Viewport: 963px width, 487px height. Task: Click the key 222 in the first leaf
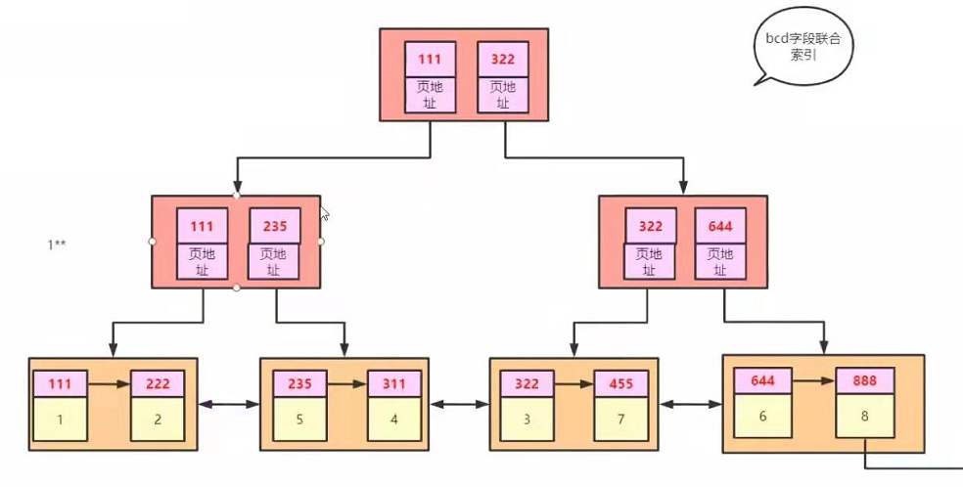[x=157, y=384]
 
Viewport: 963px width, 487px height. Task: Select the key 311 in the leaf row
[x=394, y=384]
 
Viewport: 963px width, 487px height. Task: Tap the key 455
[x=620, y=384]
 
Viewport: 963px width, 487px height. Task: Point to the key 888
[x=864, y=380]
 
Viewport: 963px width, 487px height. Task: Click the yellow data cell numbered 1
[x=60, y=420]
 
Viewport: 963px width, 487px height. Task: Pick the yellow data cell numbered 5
[x=299, y=420]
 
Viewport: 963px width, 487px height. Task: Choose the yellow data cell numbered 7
[x=620, y=420]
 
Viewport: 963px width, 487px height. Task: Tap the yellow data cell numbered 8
[x=864, y=415]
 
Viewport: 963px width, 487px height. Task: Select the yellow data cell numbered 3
[x=527, y=420]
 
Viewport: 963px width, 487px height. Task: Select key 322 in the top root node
[x=503, y=59]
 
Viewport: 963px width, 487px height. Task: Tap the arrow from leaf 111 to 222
[x=109, y=384]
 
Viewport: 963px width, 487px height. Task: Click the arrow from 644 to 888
[x=812, y=380]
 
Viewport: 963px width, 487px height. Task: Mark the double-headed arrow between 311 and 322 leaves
[x=458, y=402]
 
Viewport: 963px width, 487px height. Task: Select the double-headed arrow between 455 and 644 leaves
[x=691, y=402]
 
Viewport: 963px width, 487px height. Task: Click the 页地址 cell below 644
[x=720, y=261]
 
